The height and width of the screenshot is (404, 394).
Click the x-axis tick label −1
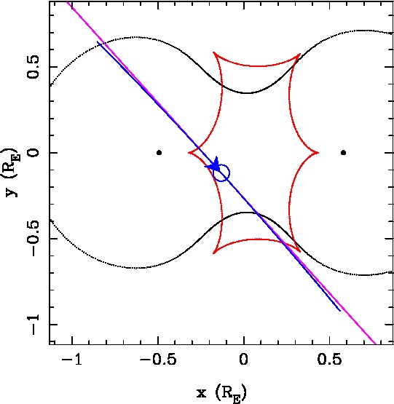[72, 359]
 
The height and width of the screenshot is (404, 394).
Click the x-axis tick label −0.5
[158, 359]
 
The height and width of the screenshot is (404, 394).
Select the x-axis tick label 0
[244, 359]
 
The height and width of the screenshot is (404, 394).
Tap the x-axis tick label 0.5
[329, 359]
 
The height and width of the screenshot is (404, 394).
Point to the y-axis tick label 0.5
[34, 66]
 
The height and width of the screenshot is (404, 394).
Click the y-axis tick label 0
[34, 153]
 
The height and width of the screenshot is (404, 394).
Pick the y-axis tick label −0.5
[34, 238]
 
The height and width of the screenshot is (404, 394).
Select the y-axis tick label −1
[34, 325]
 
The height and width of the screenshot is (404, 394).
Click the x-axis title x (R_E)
[221, 393]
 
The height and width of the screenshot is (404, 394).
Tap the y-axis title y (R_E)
[12, 173]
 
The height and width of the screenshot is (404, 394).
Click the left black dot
[159, 153]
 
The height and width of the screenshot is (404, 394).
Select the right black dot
[343, 153]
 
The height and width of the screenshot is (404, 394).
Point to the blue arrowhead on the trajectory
[213, 165]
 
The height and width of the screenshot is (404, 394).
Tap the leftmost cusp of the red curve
[189, 153]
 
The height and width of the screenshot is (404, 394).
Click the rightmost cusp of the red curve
[318, 153]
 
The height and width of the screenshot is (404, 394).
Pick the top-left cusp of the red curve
[213, 52]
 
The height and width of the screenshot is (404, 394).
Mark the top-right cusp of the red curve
[300, 54]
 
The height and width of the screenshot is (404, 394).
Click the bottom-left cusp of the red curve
[213, 253]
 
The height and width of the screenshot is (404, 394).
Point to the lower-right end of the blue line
[340, 311]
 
